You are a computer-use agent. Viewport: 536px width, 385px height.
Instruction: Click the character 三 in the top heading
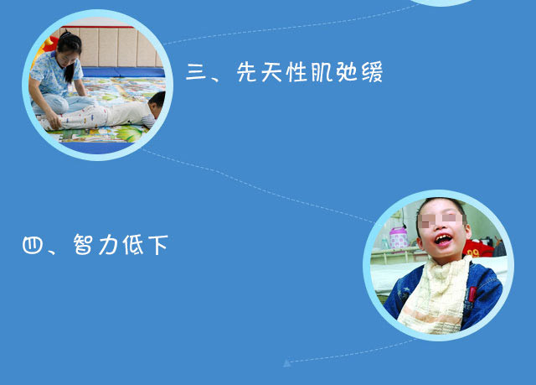pos(196,72)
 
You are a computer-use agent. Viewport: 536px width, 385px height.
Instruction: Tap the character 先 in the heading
pos(247,72)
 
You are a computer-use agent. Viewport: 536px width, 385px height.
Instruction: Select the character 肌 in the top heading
pos(321,72)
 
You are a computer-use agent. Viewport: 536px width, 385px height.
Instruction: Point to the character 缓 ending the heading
pos(372,72)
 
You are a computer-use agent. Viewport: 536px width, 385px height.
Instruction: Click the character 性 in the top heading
pos(296,72)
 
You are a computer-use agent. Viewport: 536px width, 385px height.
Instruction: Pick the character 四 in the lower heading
pos(33,245)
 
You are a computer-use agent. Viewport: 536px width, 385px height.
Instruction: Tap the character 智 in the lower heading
pos(83,244)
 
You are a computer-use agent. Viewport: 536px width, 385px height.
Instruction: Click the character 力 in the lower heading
pos(108,245)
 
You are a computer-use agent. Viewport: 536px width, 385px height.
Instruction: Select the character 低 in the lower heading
pos(133,245)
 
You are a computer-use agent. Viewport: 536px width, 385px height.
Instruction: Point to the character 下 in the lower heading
pos(158,245)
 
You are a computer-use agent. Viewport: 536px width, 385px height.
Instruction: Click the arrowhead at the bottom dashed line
pos(287,362)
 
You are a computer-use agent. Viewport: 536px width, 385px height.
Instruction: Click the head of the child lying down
pos(157,104)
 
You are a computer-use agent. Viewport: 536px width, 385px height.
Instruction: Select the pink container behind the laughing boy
pos(399,237)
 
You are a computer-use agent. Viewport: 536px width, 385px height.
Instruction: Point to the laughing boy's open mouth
pos(443,239)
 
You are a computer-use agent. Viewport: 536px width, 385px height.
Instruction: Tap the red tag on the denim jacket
pos(472,294)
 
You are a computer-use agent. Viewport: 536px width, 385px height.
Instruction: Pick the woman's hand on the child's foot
pos(54,122)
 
